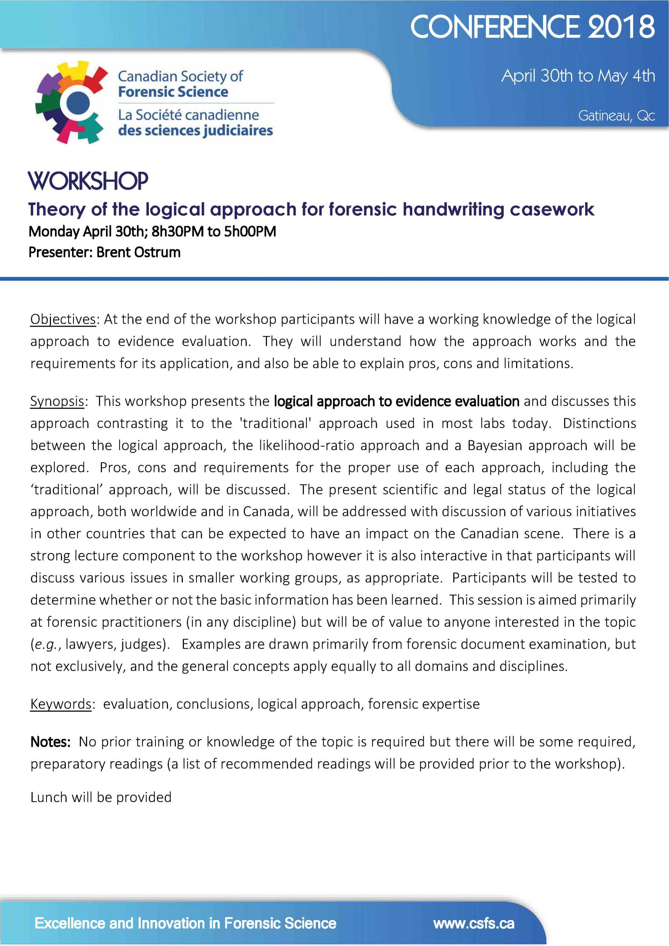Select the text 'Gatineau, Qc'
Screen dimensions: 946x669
tap(616, 116)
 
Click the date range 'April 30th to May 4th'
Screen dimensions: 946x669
tap(577, 76)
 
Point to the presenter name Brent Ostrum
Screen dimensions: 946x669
tap(139, 252)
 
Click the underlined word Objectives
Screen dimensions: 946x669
tap(63, 319)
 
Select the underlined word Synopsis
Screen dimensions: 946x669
tap(57, 401)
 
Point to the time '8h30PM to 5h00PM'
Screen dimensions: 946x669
tap(214, 232)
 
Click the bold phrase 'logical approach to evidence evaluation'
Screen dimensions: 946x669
tap(396, 401)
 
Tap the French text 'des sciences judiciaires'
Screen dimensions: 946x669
tap(195, 131)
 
